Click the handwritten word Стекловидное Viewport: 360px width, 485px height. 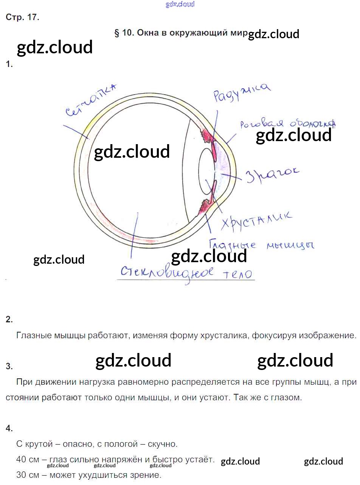[166, 272]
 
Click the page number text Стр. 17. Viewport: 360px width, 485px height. [22, 17]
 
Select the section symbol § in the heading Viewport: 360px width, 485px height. [117, 33]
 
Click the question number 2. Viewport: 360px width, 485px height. [9, 319]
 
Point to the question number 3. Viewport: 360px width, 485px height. [9, 366]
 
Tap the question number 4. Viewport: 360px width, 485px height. [9, 428]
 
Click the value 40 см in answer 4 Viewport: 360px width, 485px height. [28, 460]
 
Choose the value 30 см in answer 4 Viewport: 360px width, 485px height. [28, 475]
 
